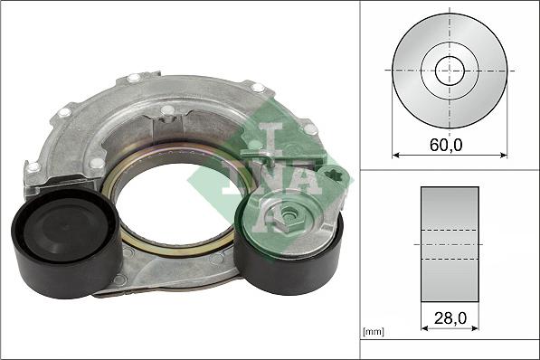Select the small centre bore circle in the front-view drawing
(x=450, y=70)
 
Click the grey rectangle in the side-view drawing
(x=450, y=244)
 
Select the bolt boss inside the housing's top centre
(x=167, y=111)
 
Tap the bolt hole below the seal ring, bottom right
(x=216, y=260)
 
